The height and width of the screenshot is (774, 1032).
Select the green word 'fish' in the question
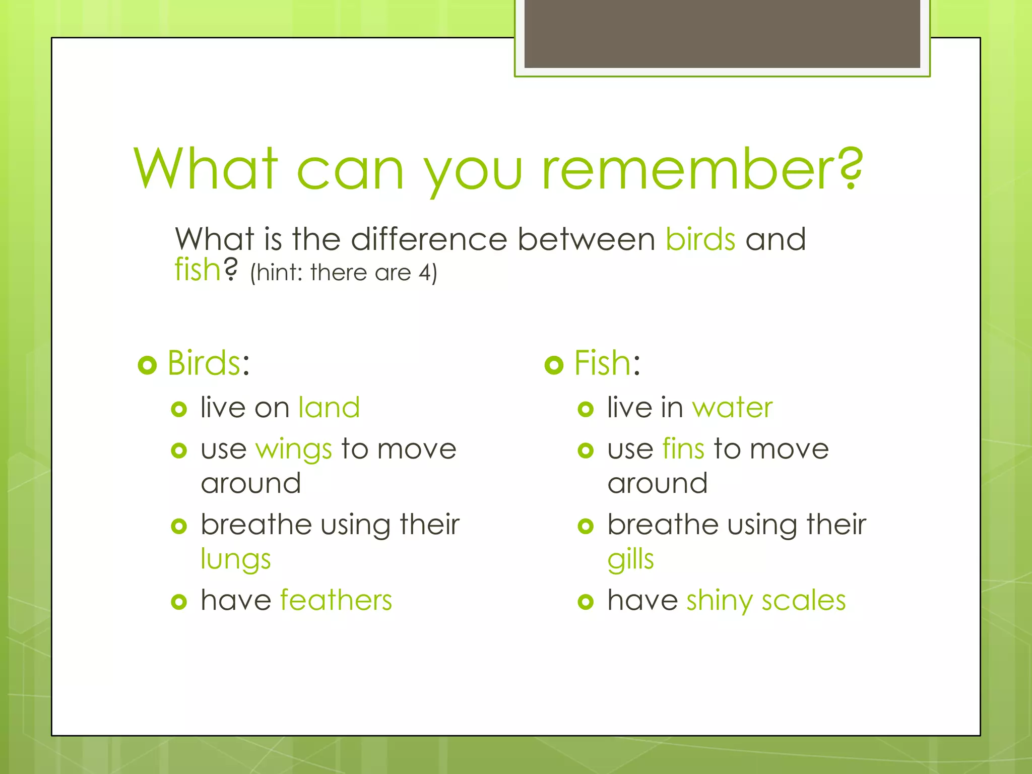point(198,270)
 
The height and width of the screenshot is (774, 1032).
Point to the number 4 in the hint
point(425,273)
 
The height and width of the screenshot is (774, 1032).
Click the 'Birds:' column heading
point(208,363)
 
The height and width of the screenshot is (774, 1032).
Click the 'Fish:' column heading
point(607,363)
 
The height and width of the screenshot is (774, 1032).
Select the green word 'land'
point(329,407)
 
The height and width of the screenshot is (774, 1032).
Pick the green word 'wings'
point(294,449)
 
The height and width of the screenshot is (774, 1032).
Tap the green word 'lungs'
point(236,560)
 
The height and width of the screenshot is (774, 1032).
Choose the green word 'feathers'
point(336,600)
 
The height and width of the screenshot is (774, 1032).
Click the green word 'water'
point(732,407)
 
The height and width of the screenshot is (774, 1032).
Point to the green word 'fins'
point(683,448)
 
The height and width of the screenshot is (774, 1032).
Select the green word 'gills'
point(630,560)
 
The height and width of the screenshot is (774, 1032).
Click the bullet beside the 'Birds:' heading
point(147,365)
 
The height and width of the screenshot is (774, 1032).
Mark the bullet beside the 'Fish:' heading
point(554,365)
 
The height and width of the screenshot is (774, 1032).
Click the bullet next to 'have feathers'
point(179,602)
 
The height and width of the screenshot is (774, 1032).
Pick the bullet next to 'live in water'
point(586,409)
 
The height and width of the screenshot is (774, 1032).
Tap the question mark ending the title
point(851,168)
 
